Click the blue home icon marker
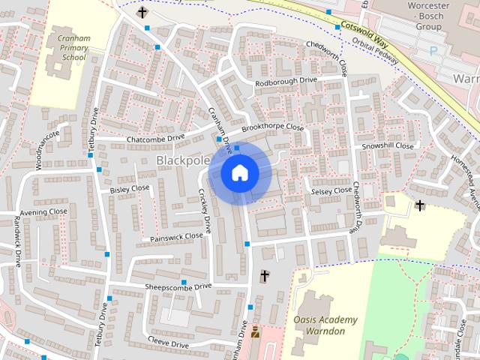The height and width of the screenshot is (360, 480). pyautogui.click(x=240, y=173)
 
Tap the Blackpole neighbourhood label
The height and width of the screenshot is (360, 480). pyautogui.click(x=182, y=160)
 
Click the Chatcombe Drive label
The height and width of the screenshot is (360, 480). pyautogui.click(x=155, y=139)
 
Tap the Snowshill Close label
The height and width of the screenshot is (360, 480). pyautogui.click(x=388, y=145)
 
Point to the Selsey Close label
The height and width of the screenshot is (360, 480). pyautogui.click(x=331, y=191)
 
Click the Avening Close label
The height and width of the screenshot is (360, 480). pyautogui.click(x=43, y=212)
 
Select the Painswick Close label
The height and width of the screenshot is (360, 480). pyautogui.click(x=176, y=237)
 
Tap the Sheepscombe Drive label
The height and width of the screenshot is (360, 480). pyautogui.click(x=178, y=286)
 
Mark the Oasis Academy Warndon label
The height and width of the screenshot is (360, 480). pyautogui.click(x=325, y=325)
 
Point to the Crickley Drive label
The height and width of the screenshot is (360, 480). pyautogui.click(x=205, y=210)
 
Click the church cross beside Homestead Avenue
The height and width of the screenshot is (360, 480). pyautogui.click(x=419, y=205)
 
